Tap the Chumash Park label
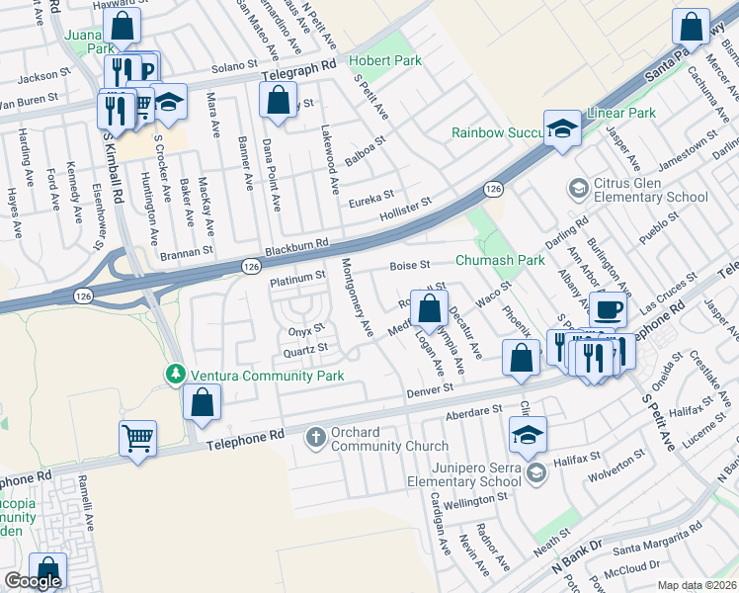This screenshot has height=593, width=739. (500, 261)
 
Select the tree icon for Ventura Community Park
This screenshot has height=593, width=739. (175, 375)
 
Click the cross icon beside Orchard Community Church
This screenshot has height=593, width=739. (315, 437)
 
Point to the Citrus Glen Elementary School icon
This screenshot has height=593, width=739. (577, 188)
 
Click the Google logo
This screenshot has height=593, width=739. (33, 581)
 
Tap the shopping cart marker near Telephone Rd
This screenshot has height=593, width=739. (138, 437)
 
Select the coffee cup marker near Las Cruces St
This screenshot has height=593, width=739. (608, 309)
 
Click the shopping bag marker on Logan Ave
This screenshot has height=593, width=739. (430, 309)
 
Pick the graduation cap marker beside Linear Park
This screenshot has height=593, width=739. (563, 128)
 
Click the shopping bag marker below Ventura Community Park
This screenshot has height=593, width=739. (202, 403)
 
